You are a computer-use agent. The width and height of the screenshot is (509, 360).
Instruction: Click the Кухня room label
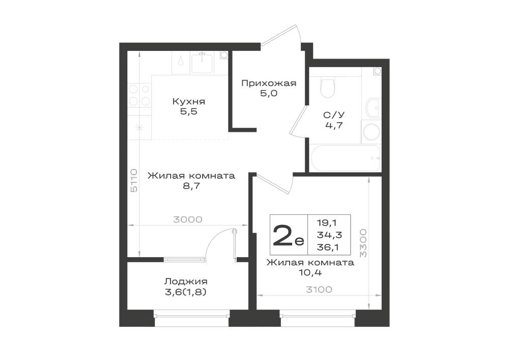189,102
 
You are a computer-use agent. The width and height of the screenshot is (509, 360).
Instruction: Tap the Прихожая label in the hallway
269,84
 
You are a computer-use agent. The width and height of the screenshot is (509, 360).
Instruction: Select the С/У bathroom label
334,115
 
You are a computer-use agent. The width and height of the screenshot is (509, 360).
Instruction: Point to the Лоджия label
186,282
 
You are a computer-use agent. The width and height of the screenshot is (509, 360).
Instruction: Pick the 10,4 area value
310,273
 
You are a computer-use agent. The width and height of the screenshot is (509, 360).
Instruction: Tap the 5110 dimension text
134,180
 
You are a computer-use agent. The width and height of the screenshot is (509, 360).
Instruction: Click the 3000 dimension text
188,219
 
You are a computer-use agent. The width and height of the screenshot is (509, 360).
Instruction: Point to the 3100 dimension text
319,289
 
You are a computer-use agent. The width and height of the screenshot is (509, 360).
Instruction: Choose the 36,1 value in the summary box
327,247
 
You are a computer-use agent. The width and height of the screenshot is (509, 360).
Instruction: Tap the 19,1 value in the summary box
327,223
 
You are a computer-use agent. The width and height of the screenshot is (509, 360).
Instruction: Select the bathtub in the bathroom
346,158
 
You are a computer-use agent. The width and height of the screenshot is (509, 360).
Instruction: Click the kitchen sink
202,63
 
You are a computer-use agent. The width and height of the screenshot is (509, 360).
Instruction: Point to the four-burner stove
139,95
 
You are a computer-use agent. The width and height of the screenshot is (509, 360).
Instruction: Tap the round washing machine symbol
372,132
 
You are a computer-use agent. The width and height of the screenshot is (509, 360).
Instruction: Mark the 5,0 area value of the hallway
269,94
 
